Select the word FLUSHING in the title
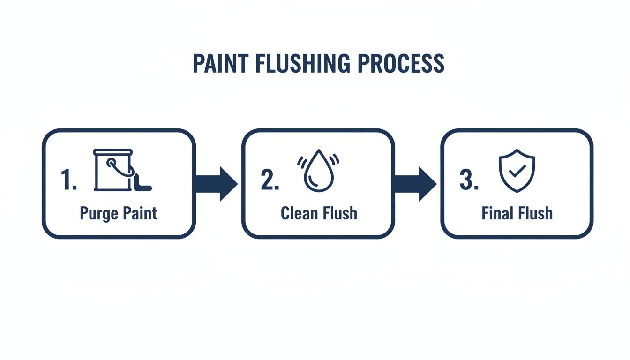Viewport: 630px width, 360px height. click(303, 64)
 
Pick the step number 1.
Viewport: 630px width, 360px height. click(68, 180)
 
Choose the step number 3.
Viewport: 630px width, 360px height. click(469, 180)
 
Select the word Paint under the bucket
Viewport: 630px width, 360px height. click(140, 213)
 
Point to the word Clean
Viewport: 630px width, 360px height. click(299, 213)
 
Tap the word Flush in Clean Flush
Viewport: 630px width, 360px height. click(339, 213)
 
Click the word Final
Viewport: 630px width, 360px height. click(497, 213)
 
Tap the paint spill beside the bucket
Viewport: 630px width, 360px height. click(142, 184)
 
